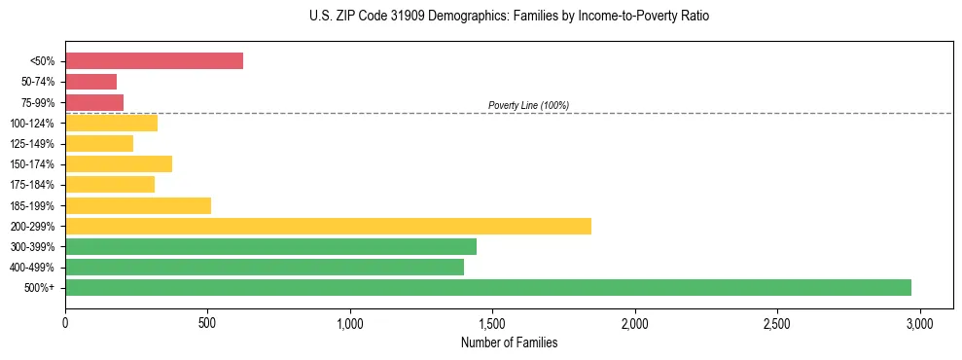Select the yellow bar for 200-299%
[328, 226]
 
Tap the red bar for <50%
[154, 60]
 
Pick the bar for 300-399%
[270, 246]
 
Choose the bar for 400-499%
[265, 267]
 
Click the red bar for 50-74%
[90, 82]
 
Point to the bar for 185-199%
[138, 205]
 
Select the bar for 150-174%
[119, 163]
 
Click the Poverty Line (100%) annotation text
[528, 105]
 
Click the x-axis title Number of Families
[510, 342]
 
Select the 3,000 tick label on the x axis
[919, 322]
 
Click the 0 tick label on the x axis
[65, 322]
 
